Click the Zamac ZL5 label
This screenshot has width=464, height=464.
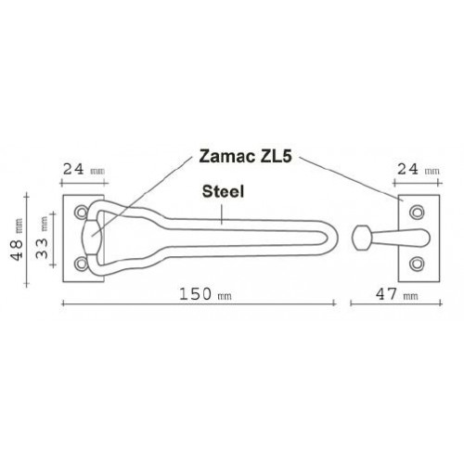tap(245, 157)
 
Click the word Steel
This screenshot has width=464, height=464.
tap(223, 192)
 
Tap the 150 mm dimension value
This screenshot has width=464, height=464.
tap(205, 294)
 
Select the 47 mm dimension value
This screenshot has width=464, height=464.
tap(396, 294)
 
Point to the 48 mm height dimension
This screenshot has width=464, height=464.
tap(17, 239)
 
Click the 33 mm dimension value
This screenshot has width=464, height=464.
tap(42, 238)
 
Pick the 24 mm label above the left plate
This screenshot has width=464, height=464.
tap(84, 170)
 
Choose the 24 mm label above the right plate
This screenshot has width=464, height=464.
tap(418, 169)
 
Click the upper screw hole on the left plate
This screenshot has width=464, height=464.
tap(82, 212)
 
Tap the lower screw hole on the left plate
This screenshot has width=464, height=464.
tap(82, 264)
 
